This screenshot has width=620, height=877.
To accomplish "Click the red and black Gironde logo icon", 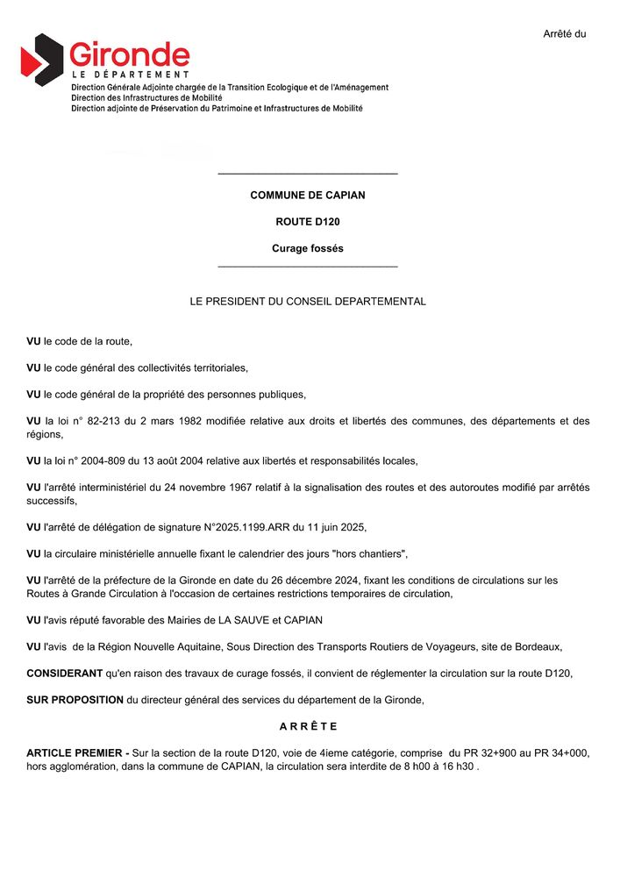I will point(42,59).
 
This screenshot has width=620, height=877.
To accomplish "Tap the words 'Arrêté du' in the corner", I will point(564,34).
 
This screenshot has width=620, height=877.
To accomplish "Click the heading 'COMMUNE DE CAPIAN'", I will point(308,196).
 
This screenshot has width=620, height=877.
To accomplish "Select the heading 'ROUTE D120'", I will point(308,222).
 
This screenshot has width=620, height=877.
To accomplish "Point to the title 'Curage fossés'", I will point(308,249).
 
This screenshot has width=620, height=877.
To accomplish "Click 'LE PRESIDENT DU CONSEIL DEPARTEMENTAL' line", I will point(308,302).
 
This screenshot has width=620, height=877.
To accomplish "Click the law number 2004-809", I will point(110,461).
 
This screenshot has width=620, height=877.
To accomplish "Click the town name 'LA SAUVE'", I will point(228,621).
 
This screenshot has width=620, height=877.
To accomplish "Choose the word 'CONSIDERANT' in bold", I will point(65,674).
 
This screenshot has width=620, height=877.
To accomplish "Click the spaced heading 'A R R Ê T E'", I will point(308,727).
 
